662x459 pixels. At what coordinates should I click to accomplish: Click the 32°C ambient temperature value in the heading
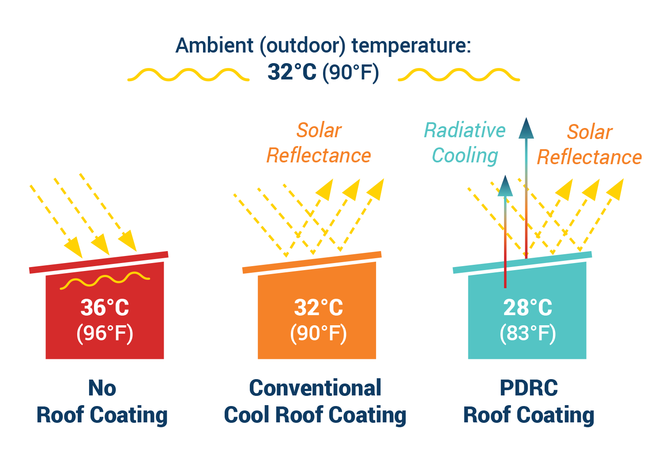pos(292,72)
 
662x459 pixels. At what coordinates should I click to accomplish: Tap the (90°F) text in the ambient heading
pos(350,73)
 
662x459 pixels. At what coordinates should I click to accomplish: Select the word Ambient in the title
pos(214,45)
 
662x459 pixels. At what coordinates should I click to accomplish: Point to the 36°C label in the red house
pos(105,307)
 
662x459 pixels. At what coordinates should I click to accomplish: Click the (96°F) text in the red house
pos(105,334)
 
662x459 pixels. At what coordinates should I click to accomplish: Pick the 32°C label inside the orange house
pos(318,307)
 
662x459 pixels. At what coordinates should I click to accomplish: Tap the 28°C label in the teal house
pos(527,307)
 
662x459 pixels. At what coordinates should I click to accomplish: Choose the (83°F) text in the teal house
pos(527,334)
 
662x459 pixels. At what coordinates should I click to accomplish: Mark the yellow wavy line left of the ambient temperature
pos(188,74)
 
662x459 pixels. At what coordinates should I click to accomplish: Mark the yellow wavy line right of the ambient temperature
pos(459,74)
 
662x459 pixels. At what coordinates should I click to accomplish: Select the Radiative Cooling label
pos(465,143)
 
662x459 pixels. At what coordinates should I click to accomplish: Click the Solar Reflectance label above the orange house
pos(319,143)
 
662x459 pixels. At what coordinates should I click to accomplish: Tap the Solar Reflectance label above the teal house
pos(589,144)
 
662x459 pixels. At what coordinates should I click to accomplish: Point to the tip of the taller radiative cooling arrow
pos(526,118)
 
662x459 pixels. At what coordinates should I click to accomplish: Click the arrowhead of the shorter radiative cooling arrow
pos(505,186)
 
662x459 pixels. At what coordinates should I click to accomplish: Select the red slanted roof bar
pos(99,262)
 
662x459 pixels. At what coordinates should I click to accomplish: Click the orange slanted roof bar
pos(312,262)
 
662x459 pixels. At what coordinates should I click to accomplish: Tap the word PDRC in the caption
pos(529,388)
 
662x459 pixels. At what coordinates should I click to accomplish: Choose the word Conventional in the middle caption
pos(315,388)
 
